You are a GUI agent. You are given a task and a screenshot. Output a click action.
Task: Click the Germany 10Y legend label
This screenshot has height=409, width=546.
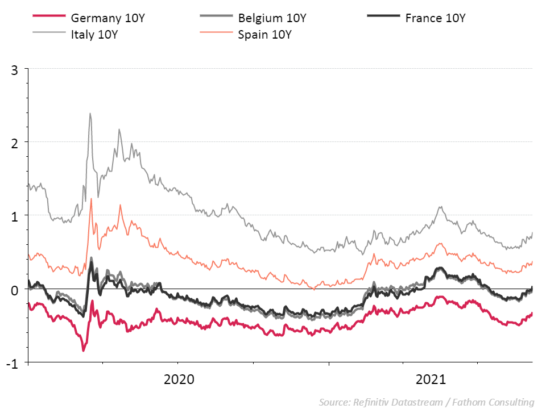click(108, 18)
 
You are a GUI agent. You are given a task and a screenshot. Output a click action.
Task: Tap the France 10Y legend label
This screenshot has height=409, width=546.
click(435, 18)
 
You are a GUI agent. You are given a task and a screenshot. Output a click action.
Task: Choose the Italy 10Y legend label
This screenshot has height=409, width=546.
click(94, 34)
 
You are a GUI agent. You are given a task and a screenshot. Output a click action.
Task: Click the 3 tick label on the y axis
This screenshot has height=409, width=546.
click(15, 69)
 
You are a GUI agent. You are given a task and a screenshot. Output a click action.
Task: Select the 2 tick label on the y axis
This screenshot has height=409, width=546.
click(15, 142)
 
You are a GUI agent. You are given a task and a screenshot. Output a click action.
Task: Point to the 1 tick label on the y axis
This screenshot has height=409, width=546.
click(15, 215)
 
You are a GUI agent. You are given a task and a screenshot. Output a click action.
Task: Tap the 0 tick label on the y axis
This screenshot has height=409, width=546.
click(15, 290)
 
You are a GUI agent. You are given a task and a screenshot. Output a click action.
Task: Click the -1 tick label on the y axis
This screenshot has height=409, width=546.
click(13, 362)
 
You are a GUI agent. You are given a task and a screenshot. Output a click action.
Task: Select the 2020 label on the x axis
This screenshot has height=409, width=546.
click(179, 379)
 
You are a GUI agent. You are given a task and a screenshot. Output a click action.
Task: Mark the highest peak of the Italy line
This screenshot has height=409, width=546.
click(90, 113)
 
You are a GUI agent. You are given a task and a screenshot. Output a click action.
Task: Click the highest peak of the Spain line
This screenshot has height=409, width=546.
click(92, 199)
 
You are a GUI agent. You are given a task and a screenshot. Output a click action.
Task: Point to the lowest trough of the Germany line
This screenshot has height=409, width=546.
click(83, 350)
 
